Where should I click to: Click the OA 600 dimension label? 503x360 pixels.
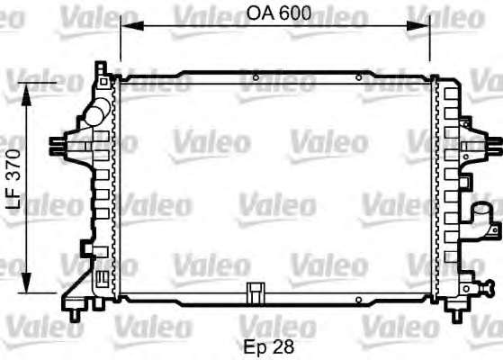[278, 13]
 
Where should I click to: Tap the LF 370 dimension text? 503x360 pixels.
[13, 180]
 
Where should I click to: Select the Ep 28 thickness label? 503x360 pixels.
[269, 346]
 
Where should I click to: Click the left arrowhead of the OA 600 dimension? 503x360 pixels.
[132, 26]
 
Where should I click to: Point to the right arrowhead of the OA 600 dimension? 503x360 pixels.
[418, 26]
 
